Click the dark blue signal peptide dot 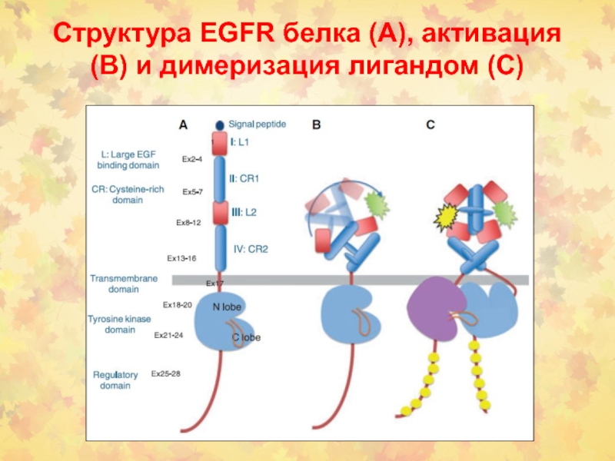(x=220, y=124)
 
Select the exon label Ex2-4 (x=192, y=159)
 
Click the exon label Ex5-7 (x=192, y=191)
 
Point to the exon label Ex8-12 (x=188, y=222)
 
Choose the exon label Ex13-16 (x=182, y=258)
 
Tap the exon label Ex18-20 (x=177, y=305)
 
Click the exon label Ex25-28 (x=165, y=373)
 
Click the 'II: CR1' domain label (x=244, y=178)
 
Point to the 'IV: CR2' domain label (x=251, y=248)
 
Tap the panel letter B (x=316, y=124)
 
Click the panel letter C (x=430, y=124)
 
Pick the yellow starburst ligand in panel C (x=445, y=220)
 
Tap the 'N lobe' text (x=227, y=307)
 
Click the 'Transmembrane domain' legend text (x=115, y=284)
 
